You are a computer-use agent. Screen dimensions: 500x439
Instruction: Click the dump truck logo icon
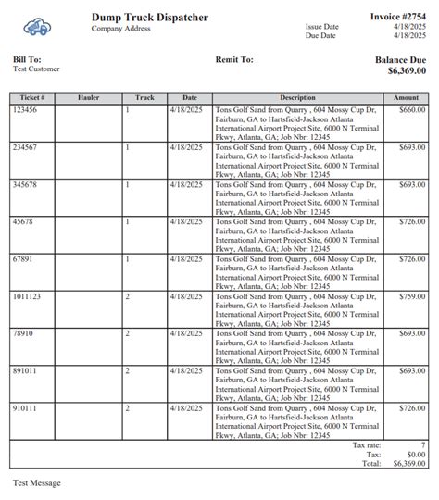click(38, 28)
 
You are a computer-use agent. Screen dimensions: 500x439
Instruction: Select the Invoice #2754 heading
click(398, 17)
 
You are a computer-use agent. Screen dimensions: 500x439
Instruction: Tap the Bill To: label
click(27, 59)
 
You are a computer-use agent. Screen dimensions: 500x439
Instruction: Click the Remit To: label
click(233, 59)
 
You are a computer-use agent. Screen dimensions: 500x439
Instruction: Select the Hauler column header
click(89, 97)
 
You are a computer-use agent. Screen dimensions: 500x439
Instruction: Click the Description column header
click(297, 97)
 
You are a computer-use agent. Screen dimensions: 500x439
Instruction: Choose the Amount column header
click(406, 97)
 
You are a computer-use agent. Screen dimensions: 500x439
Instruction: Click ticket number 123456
click(25, 109)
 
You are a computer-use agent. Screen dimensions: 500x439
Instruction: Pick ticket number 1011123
click(27, 296)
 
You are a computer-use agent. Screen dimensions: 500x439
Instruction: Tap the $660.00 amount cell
click(411, 109)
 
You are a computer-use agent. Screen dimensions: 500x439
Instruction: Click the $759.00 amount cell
click(411, 296)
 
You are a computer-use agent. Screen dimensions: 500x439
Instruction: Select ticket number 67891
click(23, 259)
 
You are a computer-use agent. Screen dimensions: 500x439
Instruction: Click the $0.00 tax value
click(415, 454)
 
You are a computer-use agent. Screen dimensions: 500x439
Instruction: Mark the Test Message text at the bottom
click(37, 483)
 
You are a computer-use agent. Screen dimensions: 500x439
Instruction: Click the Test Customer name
click(36, 69)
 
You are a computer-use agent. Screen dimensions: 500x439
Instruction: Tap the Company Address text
click(120, 29)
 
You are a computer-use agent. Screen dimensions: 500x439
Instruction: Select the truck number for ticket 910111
click(128, 408)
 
